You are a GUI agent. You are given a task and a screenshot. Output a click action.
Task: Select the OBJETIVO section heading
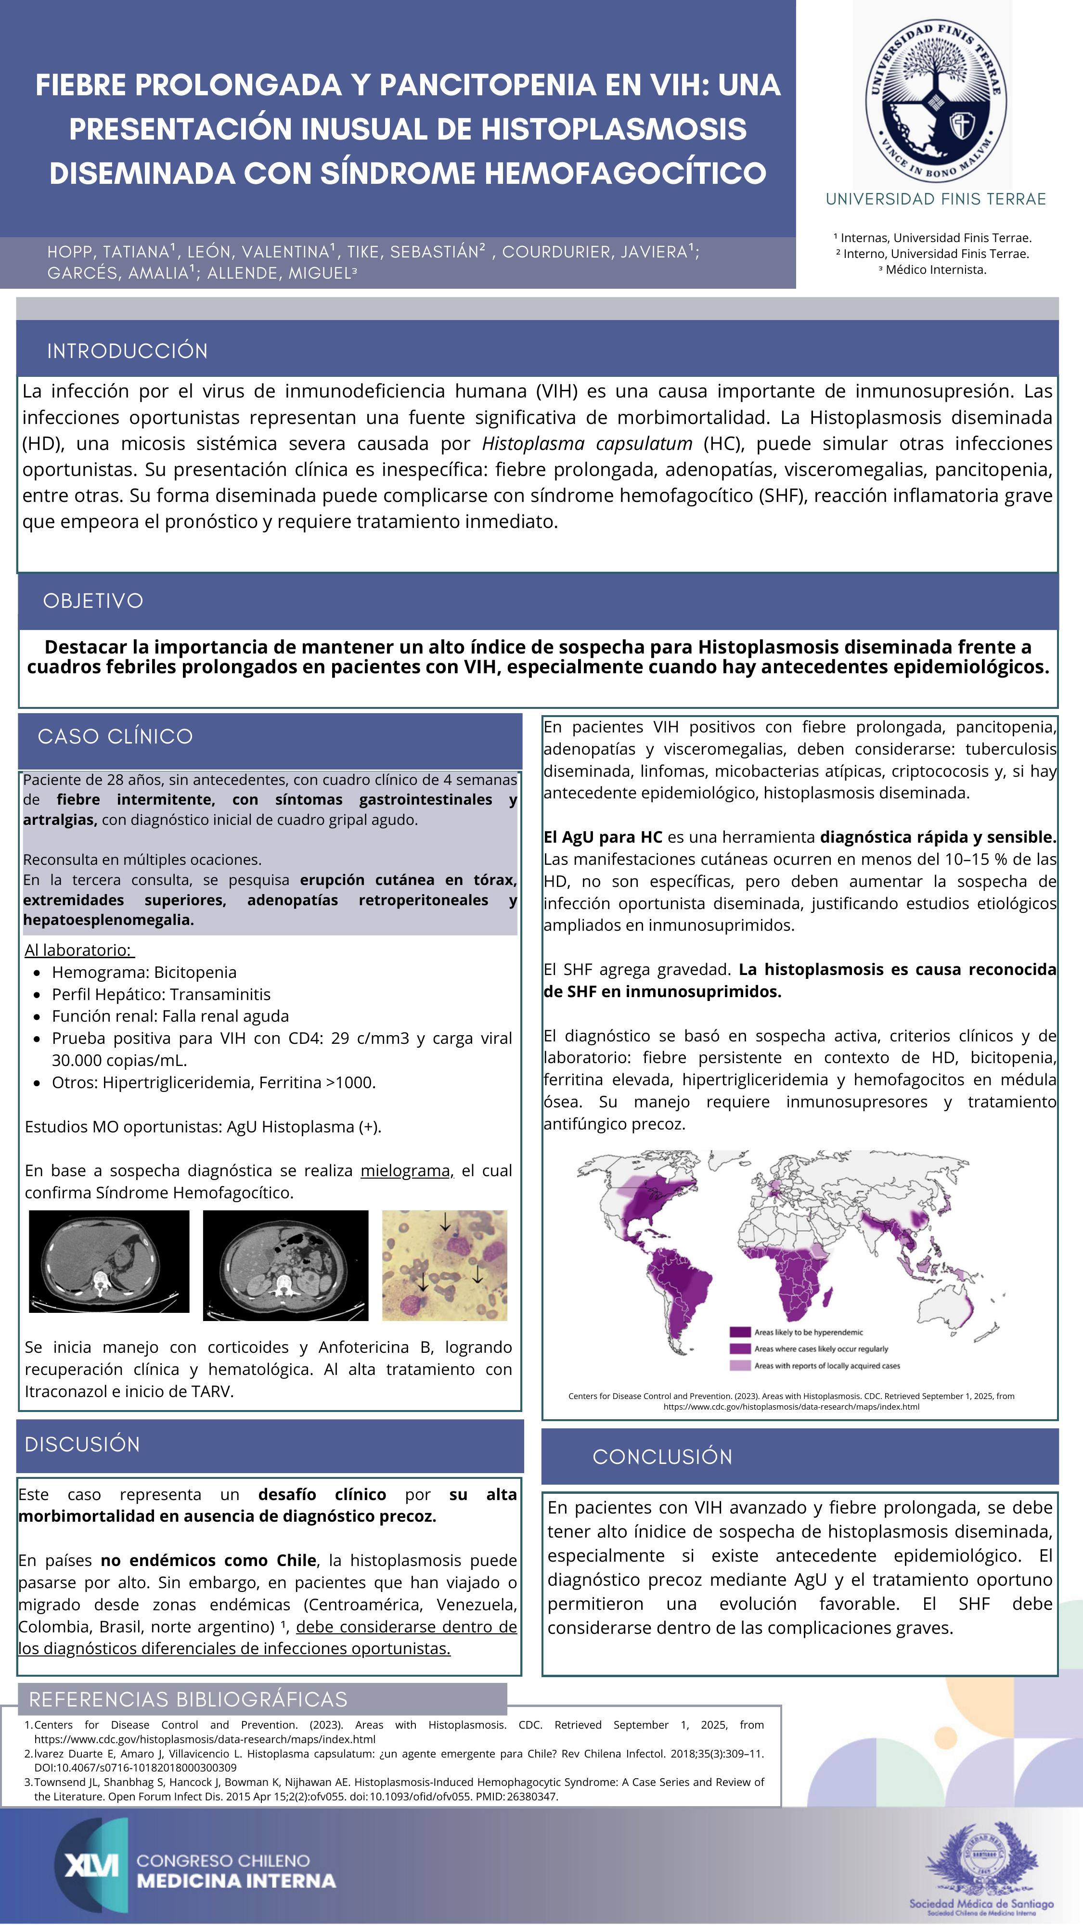[x=93, y=601]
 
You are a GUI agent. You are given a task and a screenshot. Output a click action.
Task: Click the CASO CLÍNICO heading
[x=115, y=737]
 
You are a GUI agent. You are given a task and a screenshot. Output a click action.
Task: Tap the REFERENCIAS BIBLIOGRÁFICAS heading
[x=188, y=1699]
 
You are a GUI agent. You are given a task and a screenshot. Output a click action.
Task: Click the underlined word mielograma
[x=406, y=1171]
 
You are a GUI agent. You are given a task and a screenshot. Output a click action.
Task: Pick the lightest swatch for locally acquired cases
[x=739, y=1365]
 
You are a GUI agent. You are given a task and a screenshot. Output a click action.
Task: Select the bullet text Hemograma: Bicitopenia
[x=143, y=972]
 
